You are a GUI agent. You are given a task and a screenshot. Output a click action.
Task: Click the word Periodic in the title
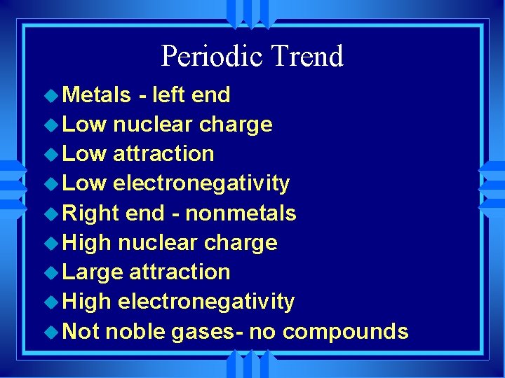click(x=208, y=56)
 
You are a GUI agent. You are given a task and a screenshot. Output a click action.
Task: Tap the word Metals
click(x=97, y=94)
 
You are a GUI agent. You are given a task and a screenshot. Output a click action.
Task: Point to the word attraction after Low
click(x=163, y=153)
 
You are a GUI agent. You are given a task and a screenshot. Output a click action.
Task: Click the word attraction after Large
click(x=180, y=272)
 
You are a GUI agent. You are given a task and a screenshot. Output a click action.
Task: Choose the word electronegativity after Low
click(x=201, y=183)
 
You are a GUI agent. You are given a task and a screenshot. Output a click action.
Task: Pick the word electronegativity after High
click(x=206, y=302)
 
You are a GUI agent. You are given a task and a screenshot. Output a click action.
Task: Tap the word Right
click(x=91, y=213)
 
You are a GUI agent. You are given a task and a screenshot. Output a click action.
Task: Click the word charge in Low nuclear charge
click(x=236, y=125)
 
